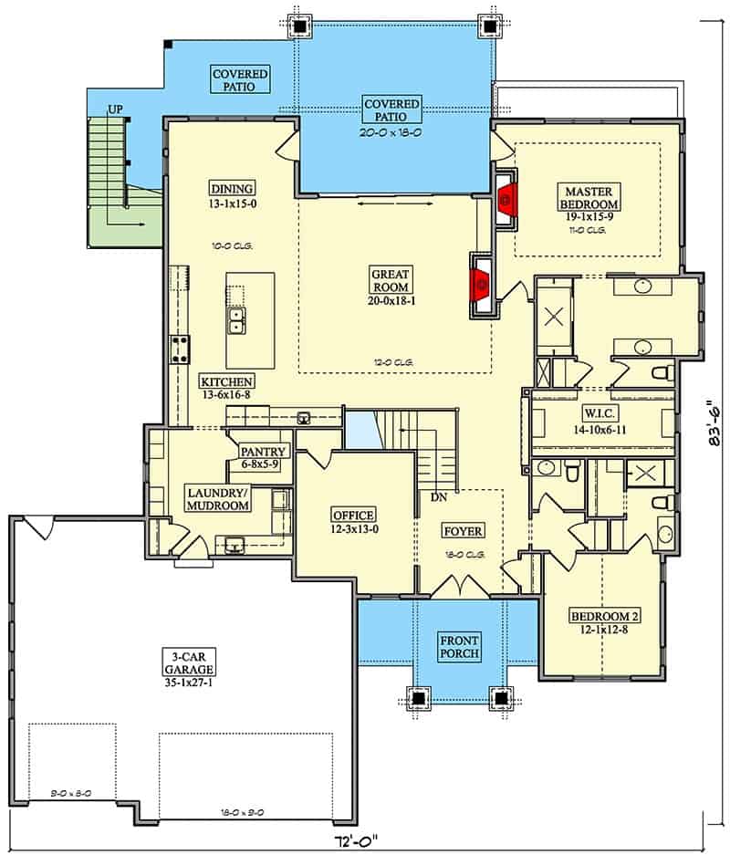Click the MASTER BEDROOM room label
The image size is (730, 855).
(x=589, y=198)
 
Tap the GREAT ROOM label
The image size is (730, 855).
(x=391, y=281)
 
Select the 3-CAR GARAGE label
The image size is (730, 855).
(x=189, y=662)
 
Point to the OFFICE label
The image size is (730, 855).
(x=354, y=516)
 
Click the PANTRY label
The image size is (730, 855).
(x=263, y=452)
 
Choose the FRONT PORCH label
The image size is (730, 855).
(x=460, y=647)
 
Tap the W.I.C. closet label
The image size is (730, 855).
(x=600, y=412)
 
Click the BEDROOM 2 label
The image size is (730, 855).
(x=604, y=617)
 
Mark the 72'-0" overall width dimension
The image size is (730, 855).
(x=358, y=840)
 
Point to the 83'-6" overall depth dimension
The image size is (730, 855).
(x=714, y=427)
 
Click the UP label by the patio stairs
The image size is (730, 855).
(x=115, y=109)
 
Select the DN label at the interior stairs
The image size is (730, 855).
(x=439, y=497)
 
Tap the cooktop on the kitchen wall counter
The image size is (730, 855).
(x=181, y=349)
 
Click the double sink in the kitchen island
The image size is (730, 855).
(x=236, y=320)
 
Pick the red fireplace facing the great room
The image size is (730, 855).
(x=482, y=283)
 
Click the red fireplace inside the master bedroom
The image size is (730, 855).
(x=506, y=200)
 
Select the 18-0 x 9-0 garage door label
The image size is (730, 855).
(x=243, y=812)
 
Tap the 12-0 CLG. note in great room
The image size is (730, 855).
(x=393, y=362)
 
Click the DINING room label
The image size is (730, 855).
(x=233, y=189)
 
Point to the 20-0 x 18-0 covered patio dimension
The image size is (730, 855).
(x=391, y=132)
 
